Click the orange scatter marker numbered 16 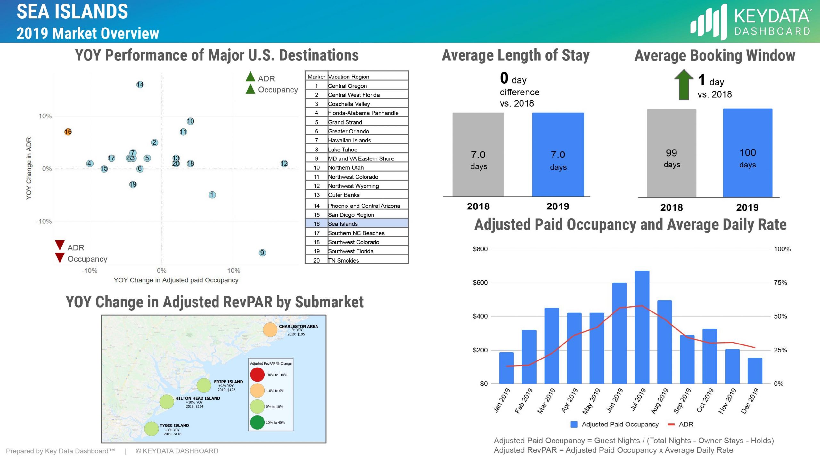click(68, 132)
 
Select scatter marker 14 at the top click(140, 85)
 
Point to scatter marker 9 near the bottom click(262, 253)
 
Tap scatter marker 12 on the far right click(284, 164)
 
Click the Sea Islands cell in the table click(343, 224)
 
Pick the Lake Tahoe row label click(342, 150)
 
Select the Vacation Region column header click(348, 77)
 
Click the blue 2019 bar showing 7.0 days click(558, 154)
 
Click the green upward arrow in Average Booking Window click(684, 85)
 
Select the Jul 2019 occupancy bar click(642, 327)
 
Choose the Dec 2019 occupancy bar click(755, 370)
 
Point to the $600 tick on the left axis click(480, 283)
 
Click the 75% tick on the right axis click(780, 283)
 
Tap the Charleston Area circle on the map click(270, 330)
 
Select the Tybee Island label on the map click(174, 425)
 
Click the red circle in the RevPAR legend click(257, 375)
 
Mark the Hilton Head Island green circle click(167, 402)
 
